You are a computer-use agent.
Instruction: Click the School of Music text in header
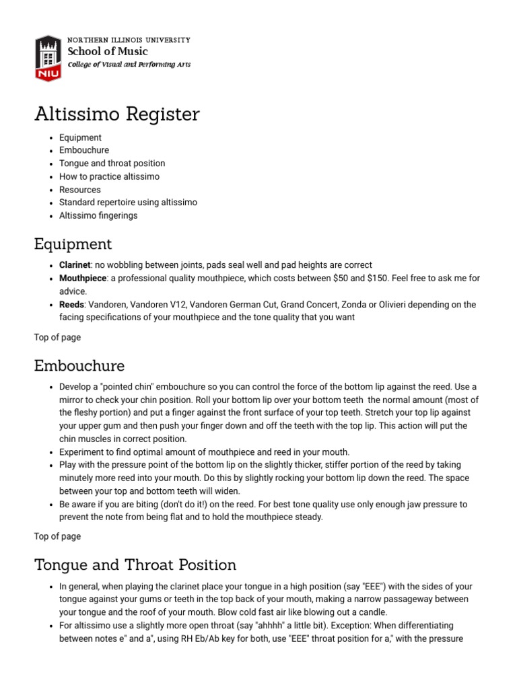coord(108,52)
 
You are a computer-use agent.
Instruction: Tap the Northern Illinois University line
coord(129,40)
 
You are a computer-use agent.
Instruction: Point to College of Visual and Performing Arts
coord(129,65)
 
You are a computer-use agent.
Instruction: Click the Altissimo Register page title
coord(116,114)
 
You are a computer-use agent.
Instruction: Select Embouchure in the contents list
coord(83,150)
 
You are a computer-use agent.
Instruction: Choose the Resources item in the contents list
coord(79,190)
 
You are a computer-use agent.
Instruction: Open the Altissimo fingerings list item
coord(98,215)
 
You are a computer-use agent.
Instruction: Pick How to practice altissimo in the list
coord(109,176)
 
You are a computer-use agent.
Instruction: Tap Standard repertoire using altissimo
coord(128,203)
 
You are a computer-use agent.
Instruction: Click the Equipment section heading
coord(73,244)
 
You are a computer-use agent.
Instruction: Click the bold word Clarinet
coord(74,265)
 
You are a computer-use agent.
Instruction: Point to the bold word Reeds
coord(71,305)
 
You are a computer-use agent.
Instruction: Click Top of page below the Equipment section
coord(57,337)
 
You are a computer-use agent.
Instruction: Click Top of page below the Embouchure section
coord(57,536)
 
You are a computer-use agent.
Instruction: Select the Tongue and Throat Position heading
coord(135,565)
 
